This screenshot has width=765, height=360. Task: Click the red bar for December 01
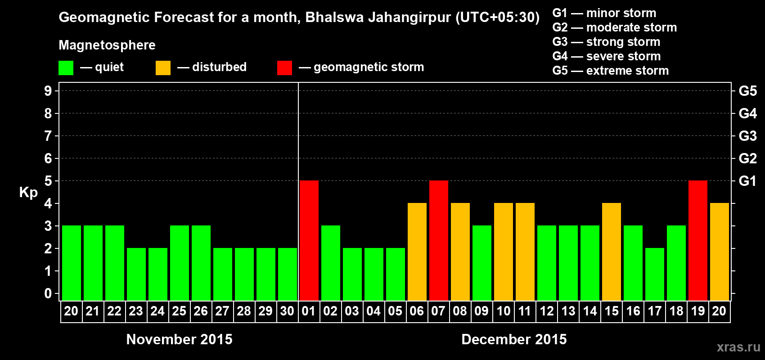pos(309,240)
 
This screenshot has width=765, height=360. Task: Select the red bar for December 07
pos(439,240)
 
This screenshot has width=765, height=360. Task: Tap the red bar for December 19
pos(698,240)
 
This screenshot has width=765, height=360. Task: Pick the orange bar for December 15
pos(612,252)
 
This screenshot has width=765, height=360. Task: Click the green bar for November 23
pos(136,274)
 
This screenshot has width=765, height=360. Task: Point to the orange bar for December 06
pos(417,252)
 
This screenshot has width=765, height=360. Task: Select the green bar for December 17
pos(655,274)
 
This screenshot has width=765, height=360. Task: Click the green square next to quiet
pos(66,68)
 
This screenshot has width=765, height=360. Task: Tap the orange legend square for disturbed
pos(163,68)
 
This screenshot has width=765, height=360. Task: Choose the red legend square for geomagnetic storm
pos(284,68)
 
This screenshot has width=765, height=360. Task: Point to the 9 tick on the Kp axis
pos(48,91)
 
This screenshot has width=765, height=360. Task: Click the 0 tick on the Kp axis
pos(48,294)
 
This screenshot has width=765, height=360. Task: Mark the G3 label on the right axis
pos(747,136)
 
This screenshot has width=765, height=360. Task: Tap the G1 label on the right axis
pos(747,181)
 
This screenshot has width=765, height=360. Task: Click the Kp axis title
pos(28,193)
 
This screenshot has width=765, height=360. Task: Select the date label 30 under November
pos(287,311)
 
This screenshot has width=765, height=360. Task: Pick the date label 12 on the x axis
pos(547,311)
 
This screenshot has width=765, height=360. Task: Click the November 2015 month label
pos(179,339)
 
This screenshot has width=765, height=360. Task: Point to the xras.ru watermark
pos(738,347)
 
